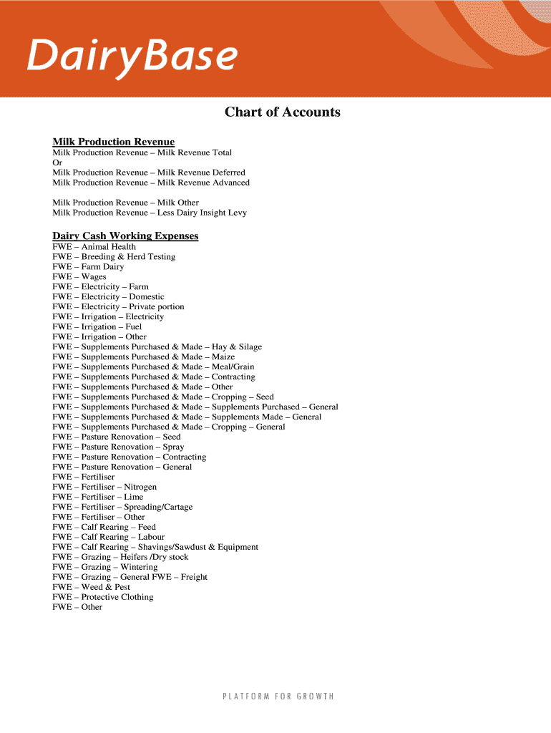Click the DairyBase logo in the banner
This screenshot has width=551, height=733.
pyautogui.click(x=132, y=56)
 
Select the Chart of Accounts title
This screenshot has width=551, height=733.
pyautogui.click(x=282, y=112)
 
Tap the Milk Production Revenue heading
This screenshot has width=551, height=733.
pyautogui.click(x=113, y=142)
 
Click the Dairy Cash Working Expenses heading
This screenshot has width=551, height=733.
pyautogui.click(x=125, y=236)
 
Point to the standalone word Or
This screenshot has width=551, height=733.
pyautogui.click(x=57, y=162)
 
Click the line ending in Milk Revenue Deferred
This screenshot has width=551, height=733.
pyautogui.click(x=149, y=173)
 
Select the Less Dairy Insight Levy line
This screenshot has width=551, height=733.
pyautogui.click(x=150, y=213)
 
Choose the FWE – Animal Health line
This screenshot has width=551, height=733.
pyautogui.click(x=94, y=247)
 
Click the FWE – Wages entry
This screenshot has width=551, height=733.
pyautogui.click(x=79, y=277)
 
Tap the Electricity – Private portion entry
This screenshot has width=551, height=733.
pyautogui.click(x=118, y=307)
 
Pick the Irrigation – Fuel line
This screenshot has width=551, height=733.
pyautogui.click(x=97, y=327)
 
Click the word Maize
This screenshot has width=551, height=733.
pyautogui.click(x=223, y=357)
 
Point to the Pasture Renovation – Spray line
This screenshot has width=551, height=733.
pyautogui.click(x=118, y=447)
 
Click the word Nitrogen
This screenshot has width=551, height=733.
pyautogui.click(x=140, y=487)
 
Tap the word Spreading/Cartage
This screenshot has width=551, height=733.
pyautogui.click(x=158, y=508)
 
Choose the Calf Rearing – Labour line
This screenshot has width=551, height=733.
pyautogui.click(x=108, y=538)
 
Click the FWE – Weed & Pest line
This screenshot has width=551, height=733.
pyautogui.click(x=91, y=588)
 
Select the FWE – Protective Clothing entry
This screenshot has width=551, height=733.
pyautogui.click(x=102, y=598)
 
